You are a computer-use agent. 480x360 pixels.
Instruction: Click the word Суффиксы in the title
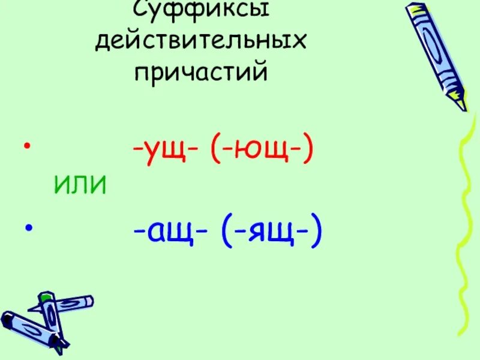[x=200, y=11]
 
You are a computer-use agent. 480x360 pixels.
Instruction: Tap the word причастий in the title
[x=201, y=73]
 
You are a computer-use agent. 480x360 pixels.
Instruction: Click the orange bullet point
[x=26, y=146]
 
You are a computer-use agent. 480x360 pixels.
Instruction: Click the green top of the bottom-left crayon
[x=45, y=296]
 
